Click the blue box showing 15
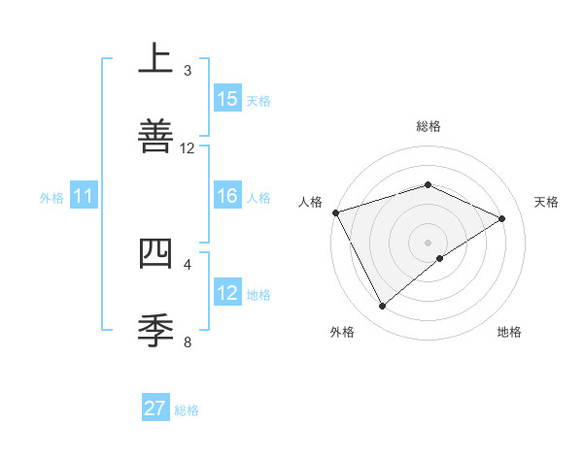(227, 99)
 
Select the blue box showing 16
(227, 196)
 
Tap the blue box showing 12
(227, 293)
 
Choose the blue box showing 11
(84, 197)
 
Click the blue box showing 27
(155, 408)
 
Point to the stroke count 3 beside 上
(188, 71)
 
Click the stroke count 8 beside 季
(188, 342)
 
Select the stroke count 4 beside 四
(188, 264)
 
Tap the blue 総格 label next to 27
(187, 410)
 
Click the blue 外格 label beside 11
(51, 198)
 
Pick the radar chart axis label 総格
(429, 126)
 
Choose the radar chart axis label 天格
(547, 202)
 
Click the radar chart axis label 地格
(509, 333)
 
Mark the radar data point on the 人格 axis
(335, 212)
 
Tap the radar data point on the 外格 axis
(382, 307)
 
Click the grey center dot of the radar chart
(429, 243)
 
